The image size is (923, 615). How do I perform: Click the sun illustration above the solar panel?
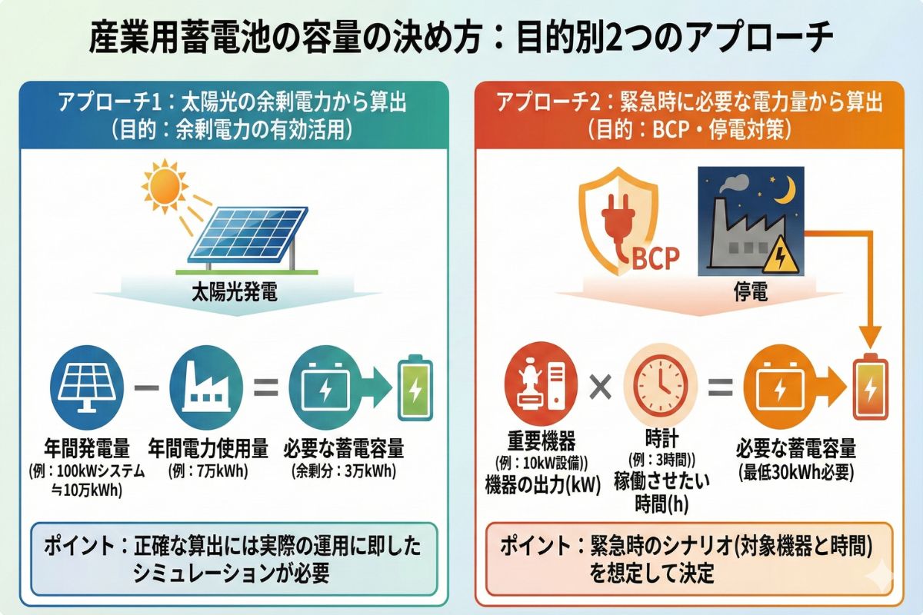pyautogui.click(x=165, y=185)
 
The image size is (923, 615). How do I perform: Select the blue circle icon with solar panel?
pyautogui.click(x=85, y=387)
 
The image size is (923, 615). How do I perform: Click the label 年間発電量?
pyautogui.click(x=87, y=448)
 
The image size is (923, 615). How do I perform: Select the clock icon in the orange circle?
pyautogui.click(x=660, y=384)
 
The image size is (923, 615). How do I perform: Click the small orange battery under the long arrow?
pyautogui.click(x=870, y=388)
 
